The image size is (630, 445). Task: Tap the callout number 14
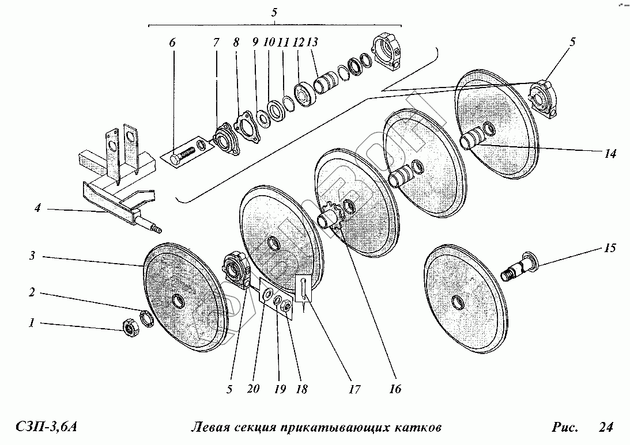(610, 154)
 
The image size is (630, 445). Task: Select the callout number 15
(610, 249)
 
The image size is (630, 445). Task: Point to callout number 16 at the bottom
(395, 389)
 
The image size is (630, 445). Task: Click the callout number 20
(254, 389)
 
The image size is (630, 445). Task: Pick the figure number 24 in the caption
(605, 427)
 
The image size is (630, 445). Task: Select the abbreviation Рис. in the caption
(564, 427)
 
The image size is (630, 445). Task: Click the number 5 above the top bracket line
(275, 12)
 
